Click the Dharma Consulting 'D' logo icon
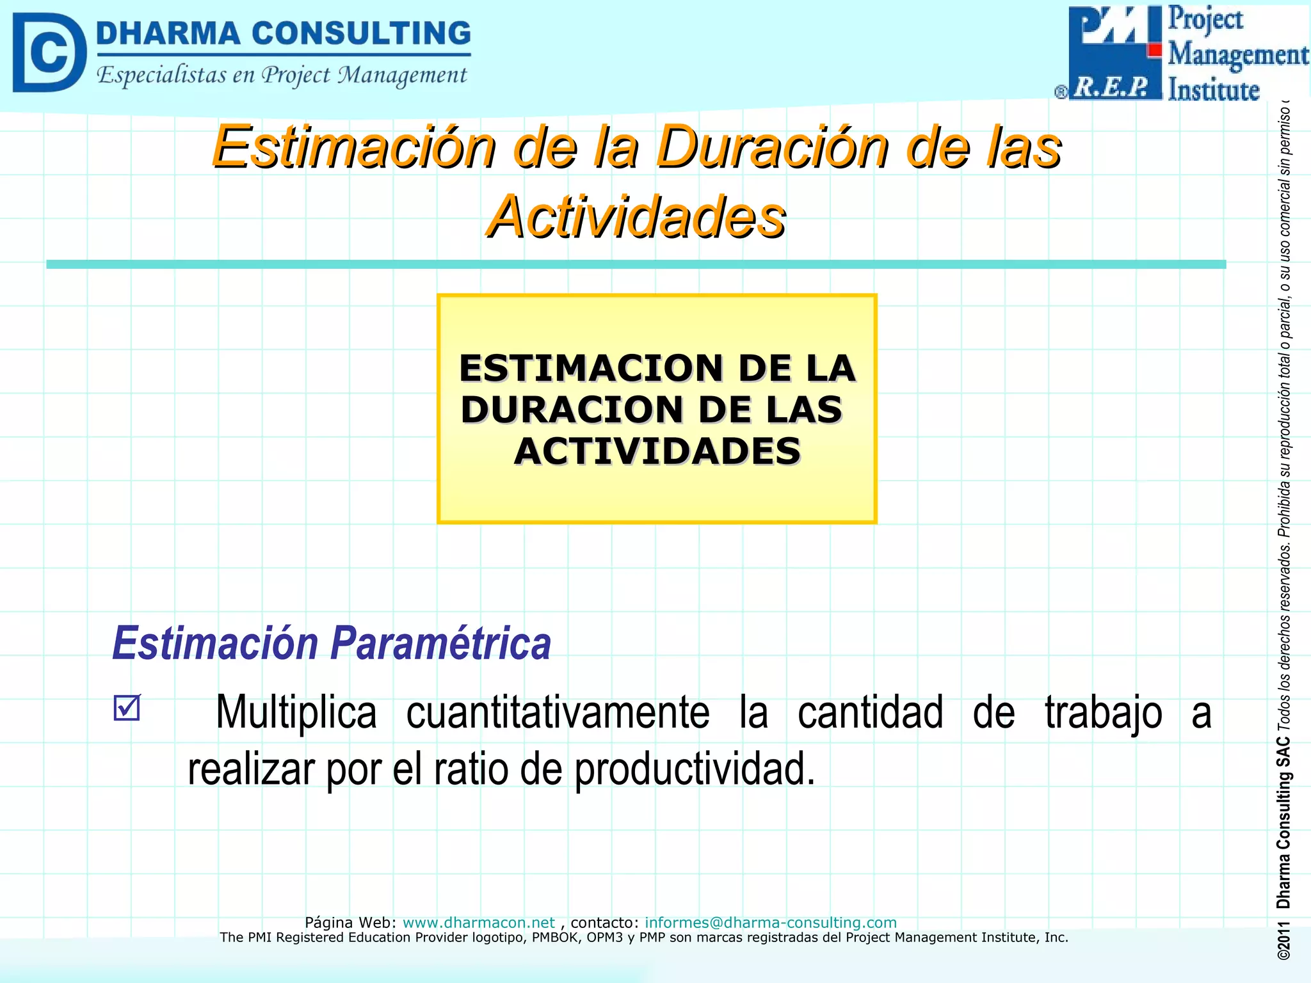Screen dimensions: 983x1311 click(x=49, y=52)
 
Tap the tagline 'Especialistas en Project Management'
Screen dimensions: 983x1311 click(x=282, y=76)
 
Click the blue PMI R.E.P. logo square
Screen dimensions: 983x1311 click(x=1114, y=52)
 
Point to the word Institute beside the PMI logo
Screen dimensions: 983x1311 click(x=1213, y=90)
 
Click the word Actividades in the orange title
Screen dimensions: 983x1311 click(x=636, y=217)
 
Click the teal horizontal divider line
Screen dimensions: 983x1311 click(x=636, y=264)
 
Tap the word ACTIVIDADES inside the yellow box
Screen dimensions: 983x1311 click(x=657, y=451)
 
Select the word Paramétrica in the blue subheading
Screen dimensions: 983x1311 click(x=441, y=643)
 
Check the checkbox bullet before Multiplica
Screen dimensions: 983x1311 click(x=126, y=708)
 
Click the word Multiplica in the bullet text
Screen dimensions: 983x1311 click(x=296, y=712)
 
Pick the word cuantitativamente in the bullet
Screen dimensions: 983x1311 click(x=558, y=712)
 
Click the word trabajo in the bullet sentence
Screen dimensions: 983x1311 click(x=1103, y=712)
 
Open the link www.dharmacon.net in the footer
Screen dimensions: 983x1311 click(x=478, y=922)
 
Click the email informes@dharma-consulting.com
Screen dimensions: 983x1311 click(x=770, y=922)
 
